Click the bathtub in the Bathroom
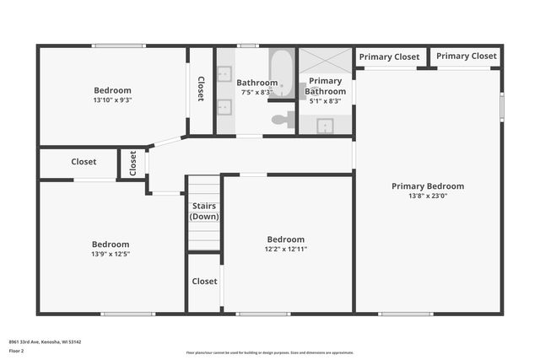click(281, 73)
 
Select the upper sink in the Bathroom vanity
click(225, 73)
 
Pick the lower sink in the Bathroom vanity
click(225, 106)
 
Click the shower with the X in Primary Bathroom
click(326, 61)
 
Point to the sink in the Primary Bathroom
click(325, 126)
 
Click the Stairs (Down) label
click(203, 210)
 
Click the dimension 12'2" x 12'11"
click(285, 250)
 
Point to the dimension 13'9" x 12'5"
click(111, 254)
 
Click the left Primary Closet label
click(389, 57)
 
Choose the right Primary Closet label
click(466, 56)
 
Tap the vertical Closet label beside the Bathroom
click(201, 89)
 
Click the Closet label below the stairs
click(204, 282)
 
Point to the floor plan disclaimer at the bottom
click(269, 352)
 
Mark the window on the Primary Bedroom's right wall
click(501, 107)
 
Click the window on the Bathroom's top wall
click(247, 46)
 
